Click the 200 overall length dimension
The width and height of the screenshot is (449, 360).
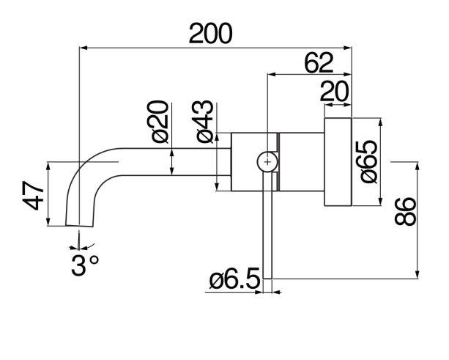point(210,34)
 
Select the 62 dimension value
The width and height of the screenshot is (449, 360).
point(319,63)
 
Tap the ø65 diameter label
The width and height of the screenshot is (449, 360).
point(369,161)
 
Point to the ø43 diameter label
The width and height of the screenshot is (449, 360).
point(205,122)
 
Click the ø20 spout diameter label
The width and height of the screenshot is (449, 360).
point(160,122)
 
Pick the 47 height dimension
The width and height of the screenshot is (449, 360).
point(33,196)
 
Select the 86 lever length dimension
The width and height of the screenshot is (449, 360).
point(404,211)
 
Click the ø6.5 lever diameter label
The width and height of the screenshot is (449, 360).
point(234,278)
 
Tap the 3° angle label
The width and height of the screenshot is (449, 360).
point(86,265)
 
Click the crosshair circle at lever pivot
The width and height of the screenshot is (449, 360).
point(267,162)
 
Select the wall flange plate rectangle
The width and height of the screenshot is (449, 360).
point(338,161)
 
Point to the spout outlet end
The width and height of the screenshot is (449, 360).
point(79,226)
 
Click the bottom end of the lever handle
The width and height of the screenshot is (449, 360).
point(267,279)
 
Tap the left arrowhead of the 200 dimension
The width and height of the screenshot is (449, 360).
point(83,48)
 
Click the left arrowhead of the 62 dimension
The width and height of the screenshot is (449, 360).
point(271,74)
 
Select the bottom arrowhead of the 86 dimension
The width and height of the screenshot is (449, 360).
point(418,274)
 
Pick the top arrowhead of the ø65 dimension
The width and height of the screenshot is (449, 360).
point(380,122)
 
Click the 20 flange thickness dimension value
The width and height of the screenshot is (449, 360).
point(334,92)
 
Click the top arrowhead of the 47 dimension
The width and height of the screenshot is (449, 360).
point(48,166)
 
